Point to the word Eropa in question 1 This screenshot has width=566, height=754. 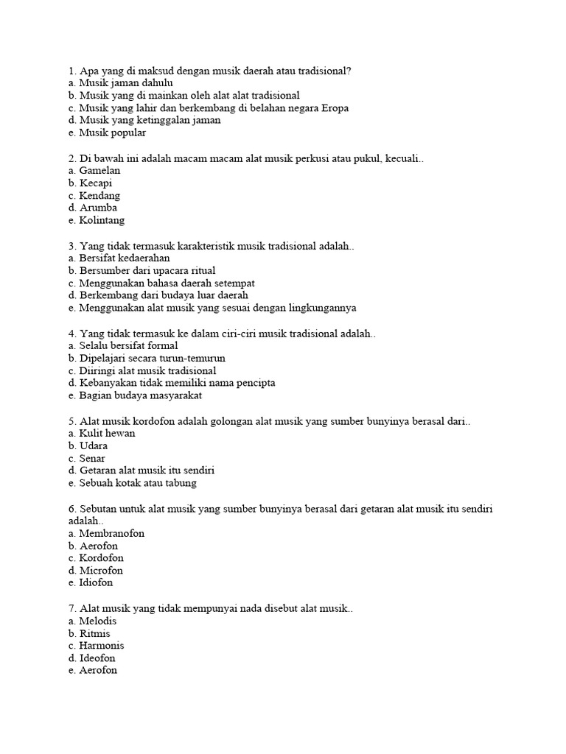pyautogui.click(x=333, y=108)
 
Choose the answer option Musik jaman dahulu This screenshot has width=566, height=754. pyautogui.click(x=120, y=83)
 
